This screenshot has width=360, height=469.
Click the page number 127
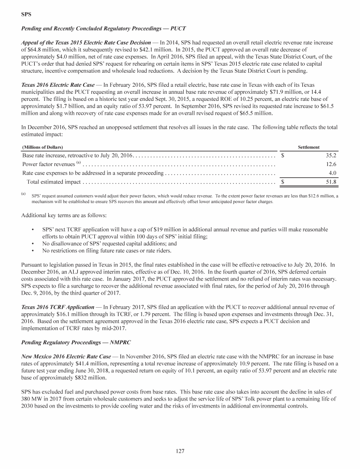[180, 451]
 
